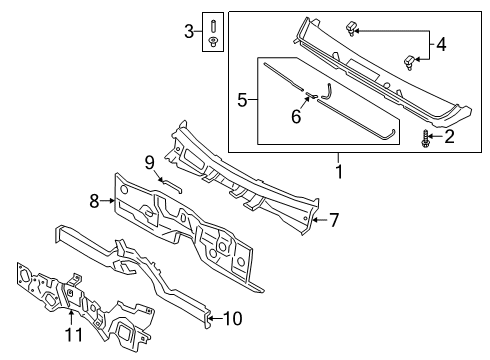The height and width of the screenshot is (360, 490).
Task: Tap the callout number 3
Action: point(189,32)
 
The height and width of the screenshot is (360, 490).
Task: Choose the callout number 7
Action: point(335,218)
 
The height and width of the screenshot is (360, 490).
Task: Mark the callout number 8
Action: point(94,200)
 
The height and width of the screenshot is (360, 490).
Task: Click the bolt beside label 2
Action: point(427,137)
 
